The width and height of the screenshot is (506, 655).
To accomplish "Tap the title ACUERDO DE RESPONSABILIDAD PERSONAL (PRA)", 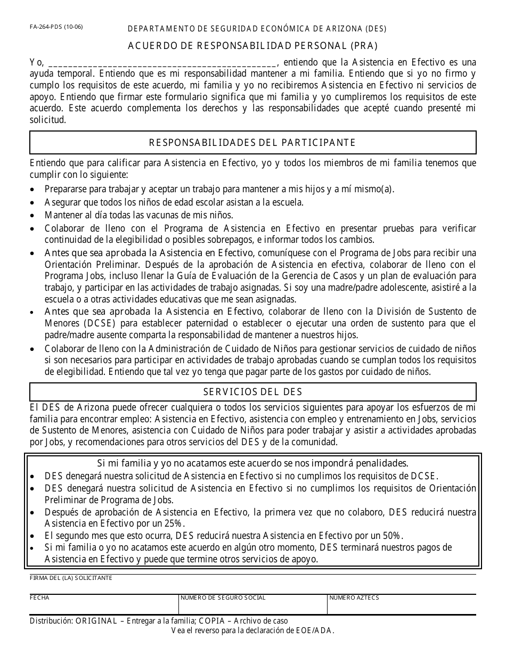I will pos(253,46).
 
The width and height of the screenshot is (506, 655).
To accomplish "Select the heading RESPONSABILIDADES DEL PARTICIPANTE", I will pos(252,142).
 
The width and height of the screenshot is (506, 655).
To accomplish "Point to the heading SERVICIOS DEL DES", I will pos(252,392).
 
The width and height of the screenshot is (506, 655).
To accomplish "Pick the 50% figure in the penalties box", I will pos(391,536).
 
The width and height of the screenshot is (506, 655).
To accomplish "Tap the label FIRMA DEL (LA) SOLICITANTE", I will pos(71,578).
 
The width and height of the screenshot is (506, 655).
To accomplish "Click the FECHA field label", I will pos(39,598).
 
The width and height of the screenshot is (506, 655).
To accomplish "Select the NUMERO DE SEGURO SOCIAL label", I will pos(223,598).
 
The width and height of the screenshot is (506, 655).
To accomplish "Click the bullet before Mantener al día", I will pos(34,216).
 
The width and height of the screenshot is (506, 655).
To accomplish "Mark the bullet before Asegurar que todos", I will pos(34,203).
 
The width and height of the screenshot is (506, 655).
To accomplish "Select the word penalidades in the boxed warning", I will pos(382,463).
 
